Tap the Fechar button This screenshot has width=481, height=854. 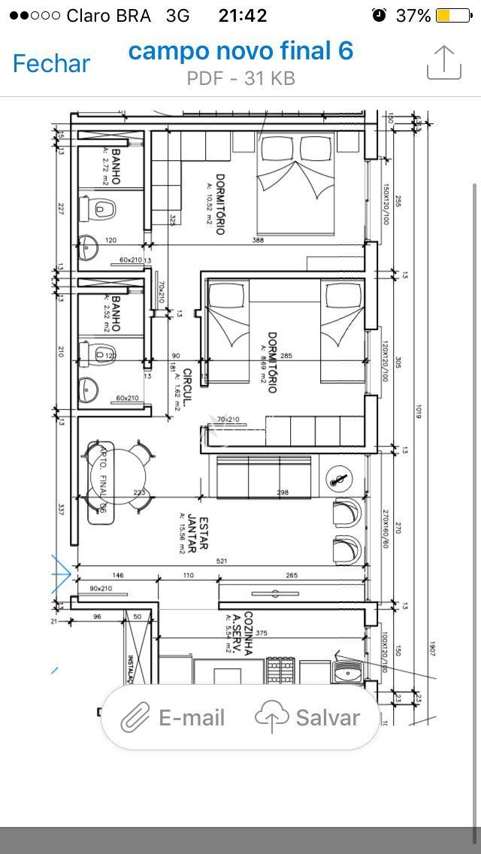click(x=51, y=63)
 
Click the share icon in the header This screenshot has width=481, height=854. click(x=443, y=62)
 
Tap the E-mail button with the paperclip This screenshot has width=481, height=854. click(x=174, y=718)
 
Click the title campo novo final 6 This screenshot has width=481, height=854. click(x=240, y=51)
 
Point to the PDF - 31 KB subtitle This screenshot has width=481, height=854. click(x=240, y=78)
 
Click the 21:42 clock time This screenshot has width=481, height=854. click(x=242, y=15)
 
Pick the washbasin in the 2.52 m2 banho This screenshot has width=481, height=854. click(x=89, y=389)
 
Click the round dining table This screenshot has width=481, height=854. click(x=118, y=476)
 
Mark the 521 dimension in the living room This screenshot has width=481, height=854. click(x=222, y=562)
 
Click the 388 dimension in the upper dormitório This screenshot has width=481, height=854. click(x=258, y=241)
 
